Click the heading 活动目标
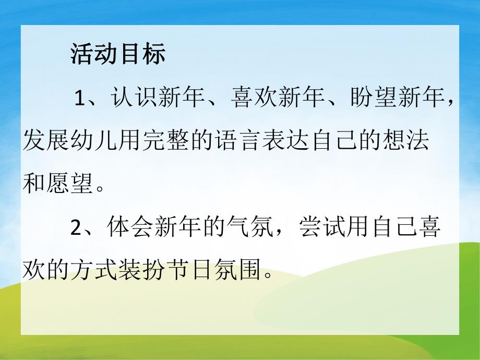tap(117, 54)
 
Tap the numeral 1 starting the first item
tap(79, 98)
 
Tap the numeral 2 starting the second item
tap(77, 228)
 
